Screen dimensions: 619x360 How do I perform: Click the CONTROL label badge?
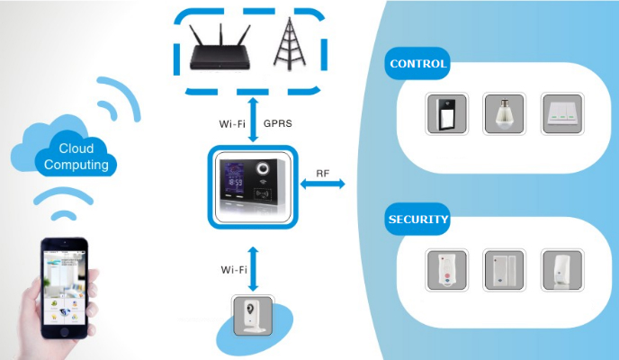(x=417, y=64)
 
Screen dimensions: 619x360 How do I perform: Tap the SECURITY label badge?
(x=417, y=219)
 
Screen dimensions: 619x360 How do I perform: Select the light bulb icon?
(x=504, y=114)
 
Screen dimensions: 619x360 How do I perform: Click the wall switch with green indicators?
(x=562, y=114)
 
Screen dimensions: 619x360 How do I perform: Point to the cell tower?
(x=290, y=43)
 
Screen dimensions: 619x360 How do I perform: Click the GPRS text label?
(x=278, y=123)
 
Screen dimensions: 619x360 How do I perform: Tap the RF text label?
(x=322, y=174)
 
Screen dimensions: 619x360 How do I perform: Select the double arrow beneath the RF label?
(x=322, y=184)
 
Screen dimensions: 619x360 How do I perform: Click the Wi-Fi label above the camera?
(x=234, y=270)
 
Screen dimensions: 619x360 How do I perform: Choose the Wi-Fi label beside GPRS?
(x=232, y=124)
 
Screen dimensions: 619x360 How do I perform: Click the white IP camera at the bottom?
(x=253, y=316)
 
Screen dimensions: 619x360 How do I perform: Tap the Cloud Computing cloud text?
(x=76, y=157)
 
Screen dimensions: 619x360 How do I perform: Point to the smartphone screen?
(x=65, y=287)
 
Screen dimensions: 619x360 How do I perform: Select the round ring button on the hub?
(x=263, y=168)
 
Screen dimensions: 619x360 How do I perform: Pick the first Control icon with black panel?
(x=446, y=114)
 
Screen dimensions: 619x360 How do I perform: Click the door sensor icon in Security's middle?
(x=504, y=270)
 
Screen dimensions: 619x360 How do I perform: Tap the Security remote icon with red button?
(x=446, y=270)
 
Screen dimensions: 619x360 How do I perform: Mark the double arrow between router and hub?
(x=253, y=120)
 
